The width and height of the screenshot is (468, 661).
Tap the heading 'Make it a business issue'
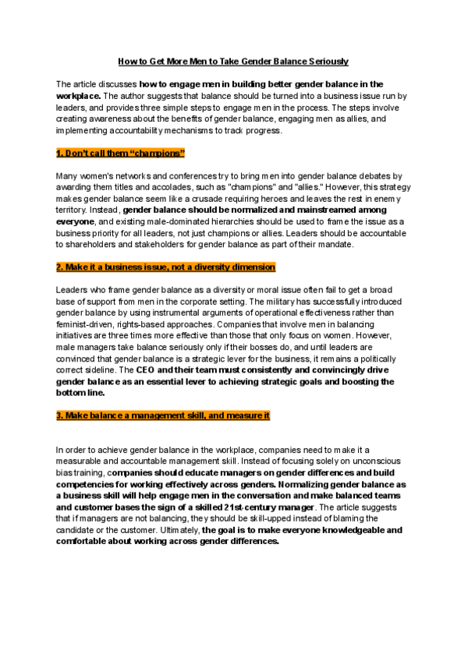click(x=165, y=267)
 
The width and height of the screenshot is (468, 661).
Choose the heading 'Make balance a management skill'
click(x=163, y=415)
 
